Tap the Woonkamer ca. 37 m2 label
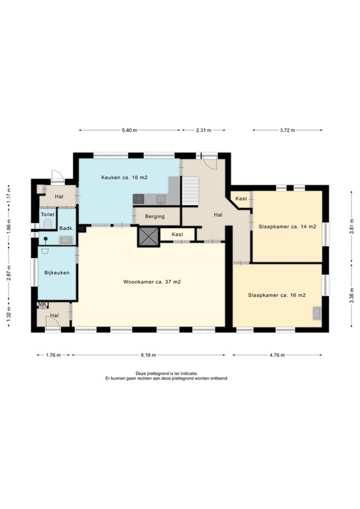pos(152,282)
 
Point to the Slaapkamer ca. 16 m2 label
pos(276,295)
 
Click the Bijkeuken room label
pos(56,272)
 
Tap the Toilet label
pos(47,215)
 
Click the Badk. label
pos(66,229)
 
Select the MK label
pos(42,304)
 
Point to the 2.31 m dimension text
pos(204,130)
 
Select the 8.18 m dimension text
pos(149,355)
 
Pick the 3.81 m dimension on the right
pos(351,227)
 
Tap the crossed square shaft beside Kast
pos(147,237)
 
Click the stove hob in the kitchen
pos(139,198)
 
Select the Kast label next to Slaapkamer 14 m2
pos(241,199)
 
